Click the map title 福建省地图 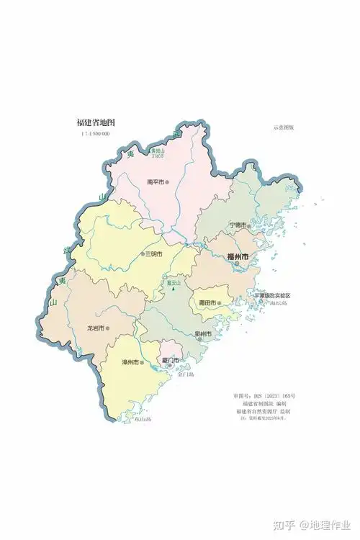point(96,122)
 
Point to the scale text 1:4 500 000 point(94,134)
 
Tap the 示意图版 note point(284,127)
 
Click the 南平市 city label point(155,182)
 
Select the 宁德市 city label point(238,225)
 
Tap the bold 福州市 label point(237,256)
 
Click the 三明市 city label point(153,254)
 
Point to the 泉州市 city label point(202,334)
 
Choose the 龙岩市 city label point(96,328)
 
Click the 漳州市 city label point(129,361)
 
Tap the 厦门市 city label point(170,359)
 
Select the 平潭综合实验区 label point(273,296)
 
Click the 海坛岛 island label point(277,304)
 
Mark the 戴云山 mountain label point(173,283)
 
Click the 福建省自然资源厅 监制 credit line point(264,411)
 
